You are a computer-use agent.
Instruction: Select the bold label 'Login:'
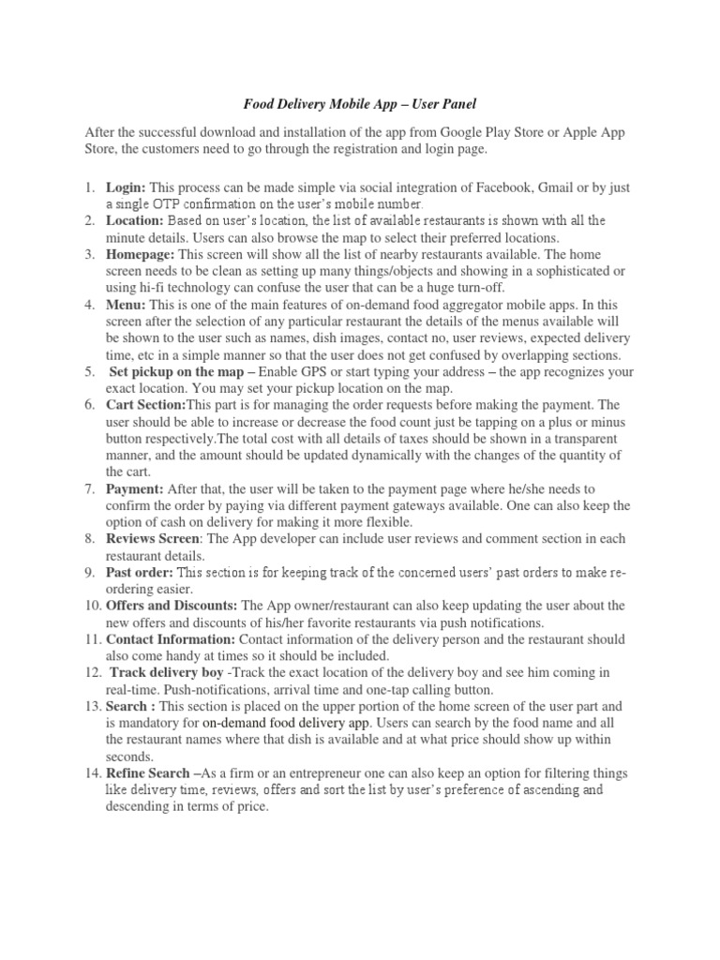point(126,187)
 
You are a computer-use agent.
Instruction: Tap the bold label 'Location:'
point(134,220)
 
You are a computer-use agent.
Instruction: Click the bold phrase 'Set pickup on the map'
point(176,372)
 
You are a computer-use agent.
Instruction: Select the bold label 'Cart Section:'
point(145,405)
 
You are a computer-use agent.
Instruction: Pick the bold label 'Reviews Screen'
point(152,539)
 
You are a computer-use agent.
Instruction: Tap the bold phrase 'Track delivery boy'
point(166,672)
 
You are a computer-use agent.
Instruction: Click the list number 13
point(91,706)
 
